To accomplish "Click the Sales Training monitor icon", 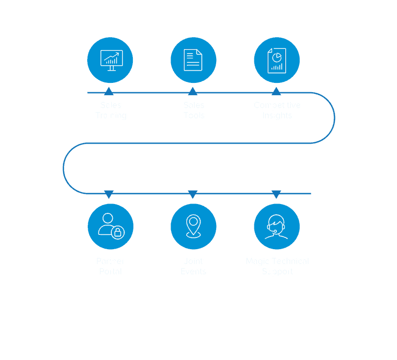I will [x=111, y=60].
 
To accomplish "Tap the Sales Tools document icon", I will [x=193, y=60].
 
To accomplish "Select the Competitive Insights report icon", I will [x=276, y=60].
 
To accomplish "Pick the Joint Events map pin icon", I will [x=193, y=226].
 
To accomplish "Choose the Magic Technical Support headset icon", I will [x=276, y=226].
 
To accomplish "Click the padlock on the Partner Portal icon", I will [x=118, y=232].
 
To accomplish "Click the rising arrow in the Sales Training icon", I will [x=112, y=55].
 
